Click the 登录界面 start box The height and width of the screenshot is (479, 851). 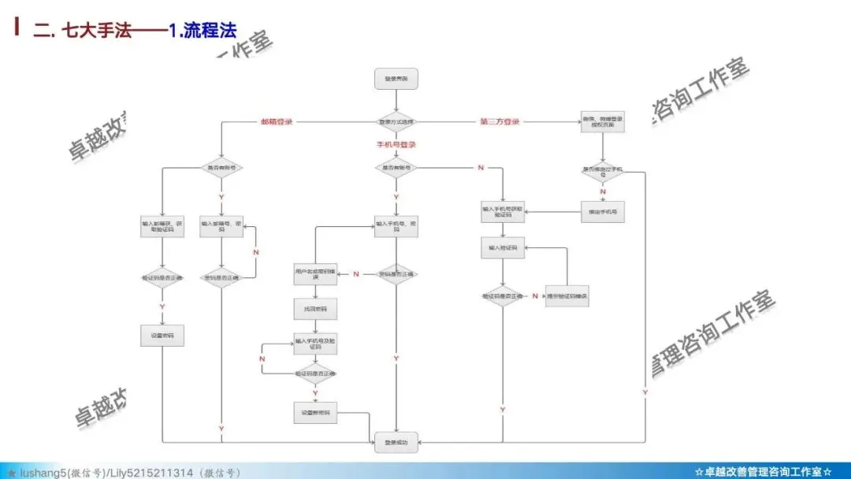pos(396,79)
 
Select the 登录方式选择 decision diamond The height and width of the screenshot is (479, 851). pos(396,122)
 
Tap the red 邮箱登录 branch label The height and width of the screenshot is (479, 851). pos(277,122)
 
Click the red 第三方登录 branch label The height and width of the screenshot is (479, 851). pos(500,122)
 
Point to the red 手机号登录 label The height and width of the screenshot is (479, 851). pos(396,145)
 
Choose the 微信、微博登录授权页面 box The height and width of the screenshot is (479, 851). pos(603,122)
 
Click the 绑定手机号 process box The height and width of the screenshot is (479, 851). pos(603,212)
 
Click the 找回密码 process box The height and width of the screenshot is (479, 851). pos(315,309)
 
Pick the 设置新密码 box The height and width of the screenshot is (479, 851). pos(315,413)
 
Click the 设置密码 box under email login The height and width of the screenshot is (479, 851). pos(162,336)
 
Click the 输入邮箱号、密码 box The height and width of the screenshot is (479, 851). pos(221,226)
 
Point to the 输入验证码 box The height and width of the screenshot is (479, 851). pos(502,248)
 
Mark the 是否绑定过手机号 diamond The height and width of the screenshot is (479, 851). pos(603,171)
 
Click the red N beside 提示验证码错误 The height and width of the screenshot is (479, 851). pos(535,295)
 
